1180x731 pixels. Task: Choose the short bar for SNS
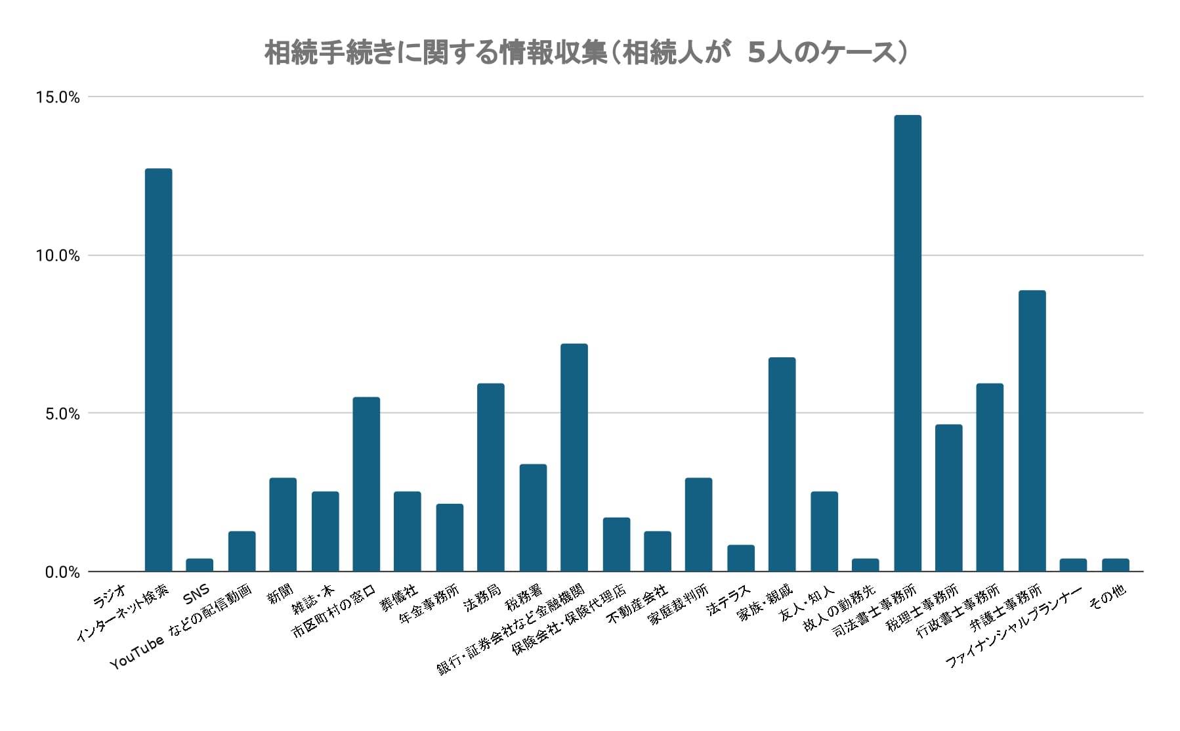coord(200,565)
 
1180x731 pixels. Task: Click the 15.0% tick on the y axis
coord(58,98)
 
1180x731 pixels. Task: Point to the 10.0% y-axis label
coord(58,256)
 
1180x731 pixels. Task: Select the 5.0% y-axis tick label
coord(62,414)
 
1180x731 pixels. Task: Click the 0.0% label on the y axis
coord(62,573)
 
